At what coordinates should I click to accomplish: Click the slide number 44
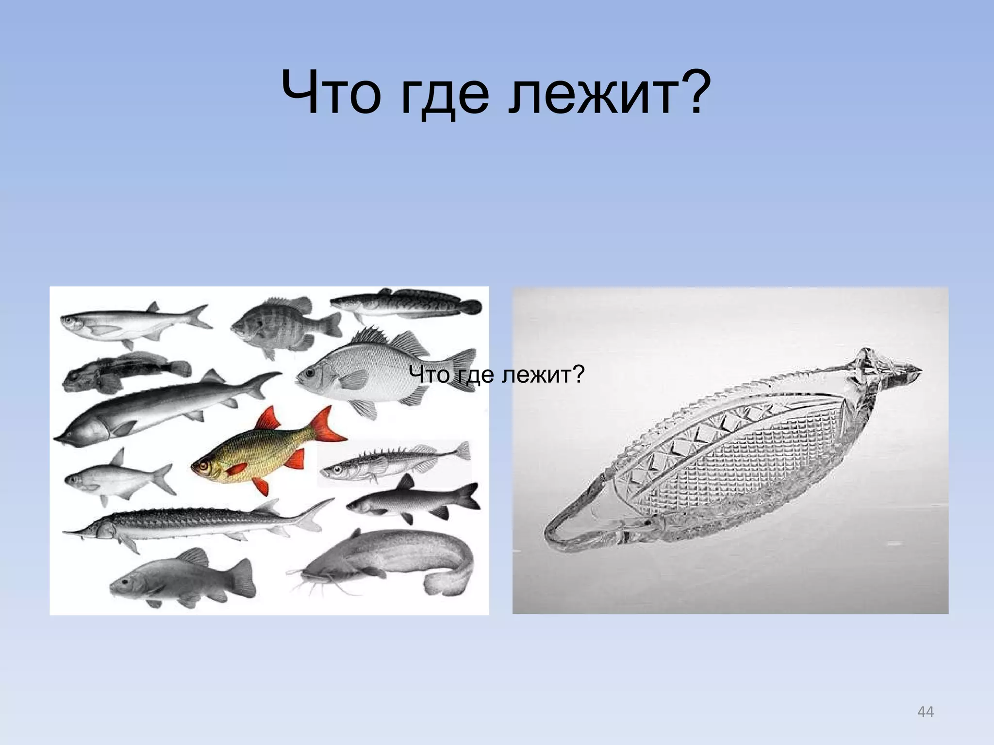tap(926, 712)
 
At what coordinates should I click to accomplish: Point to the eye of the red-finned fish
tap(202, 466)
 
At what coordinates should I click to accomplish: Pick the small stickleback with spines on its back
tap(393, 461)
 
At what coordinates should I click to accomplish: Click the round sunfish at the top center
tap(282, 323)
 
